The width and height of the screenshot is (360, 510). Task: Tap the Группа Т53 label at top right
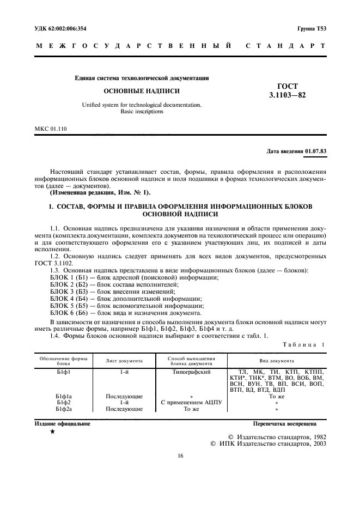pos(312,28)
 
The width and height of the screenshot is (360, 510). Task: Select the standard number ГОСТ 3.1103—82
pos(288,91)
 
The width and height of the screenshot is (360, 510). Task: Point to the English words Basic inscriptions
pos(141,111)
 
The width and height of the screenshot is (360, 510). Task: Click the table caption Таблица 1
pos(304,345)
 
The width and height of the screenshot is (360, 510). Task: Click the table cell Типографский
pos(192,371)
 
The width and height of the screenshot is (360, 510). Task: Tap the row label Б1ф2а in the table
pos(64,408)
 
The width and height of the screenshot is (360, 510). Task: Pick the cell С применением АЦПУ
pos(192,402)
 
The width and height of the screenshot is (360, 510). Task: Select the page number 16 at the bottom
pos(180,457)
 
